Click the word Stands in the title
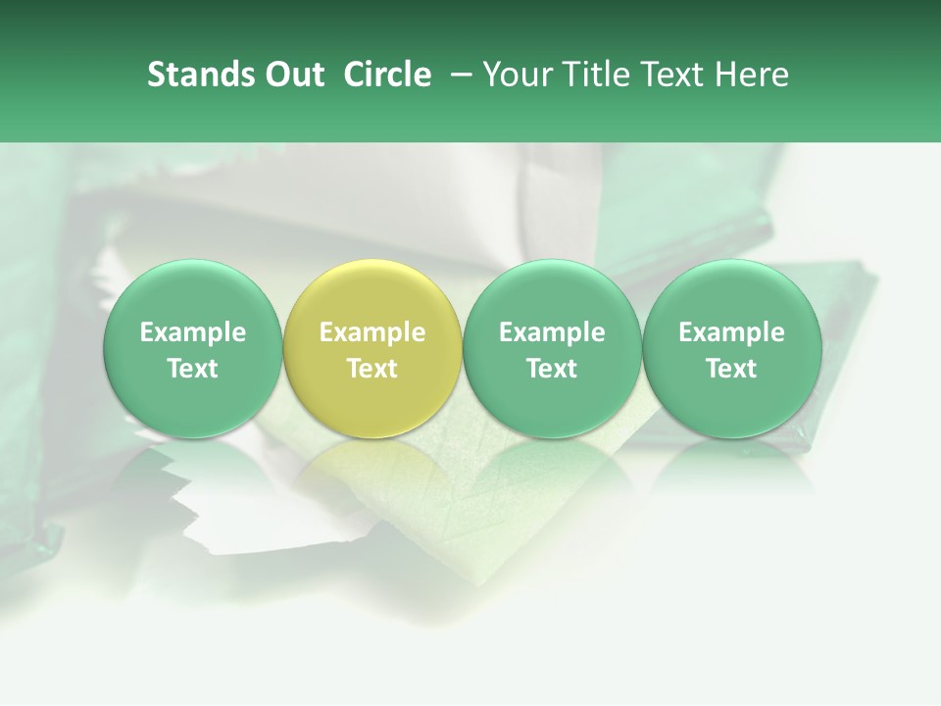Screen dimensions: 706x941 tap(199, 75)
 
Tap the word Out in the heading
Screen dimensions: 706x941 tap(292, 75)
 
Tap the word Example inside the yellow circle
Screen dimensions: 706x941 tap(372, 332)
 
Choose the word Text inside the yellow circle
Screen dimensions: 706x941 tap(372, 369)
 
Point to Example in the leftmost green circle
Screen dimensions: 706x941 tap(192, 332)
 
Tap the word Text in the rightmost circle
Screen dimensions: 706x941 tap(731, 369)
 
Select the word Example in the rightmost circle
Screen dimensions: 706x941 tap(731, 332)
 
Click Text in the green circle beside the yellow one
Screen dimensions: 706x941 tap(552, 369)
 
